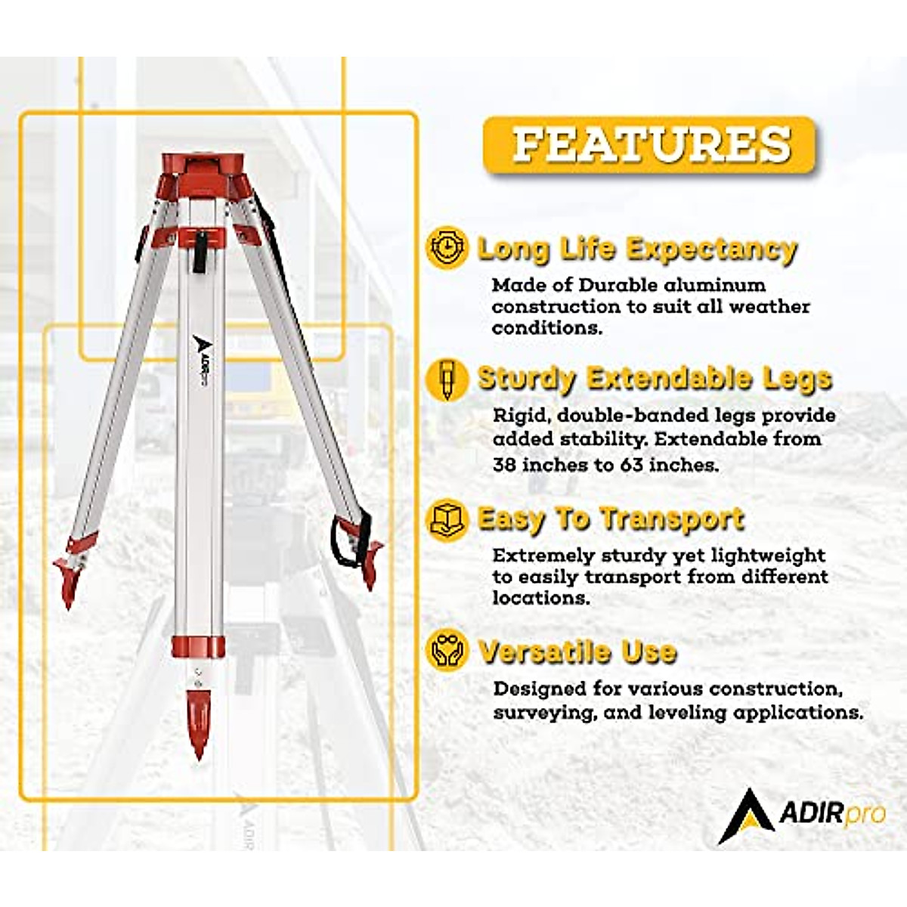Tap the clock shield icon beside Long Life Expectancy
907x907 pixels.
447,247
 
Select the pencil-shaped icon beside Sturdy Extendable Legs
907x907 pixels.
447,379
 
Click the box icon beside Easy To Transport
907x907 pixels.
447,519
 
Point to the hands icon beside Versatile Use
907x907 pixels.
447,652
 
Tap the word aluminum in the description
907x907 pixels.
717,285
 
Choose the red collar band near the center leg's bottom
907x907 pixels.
198,647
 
